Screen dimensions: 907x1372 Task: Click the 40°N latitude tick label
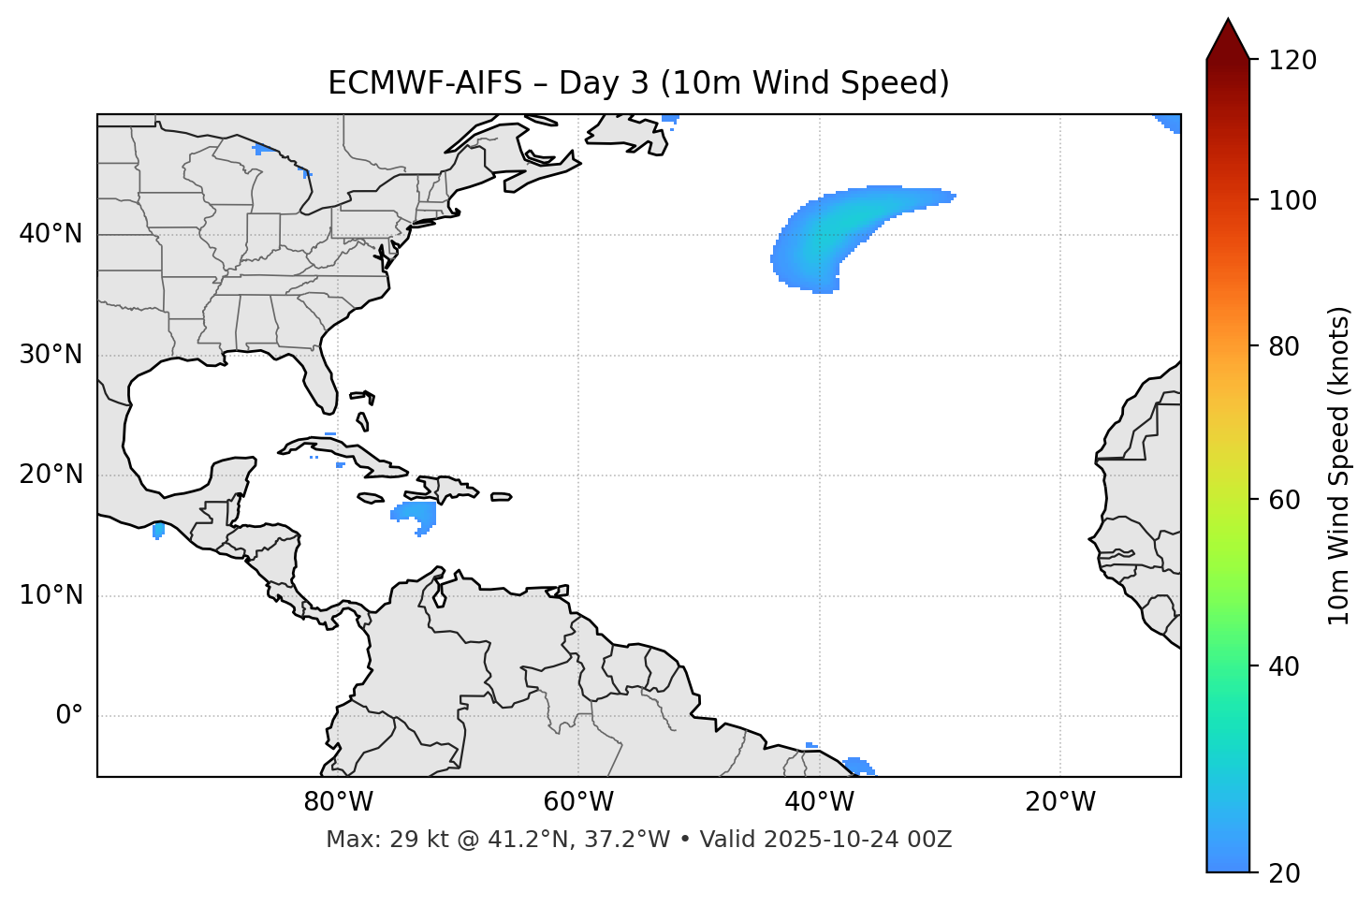51,234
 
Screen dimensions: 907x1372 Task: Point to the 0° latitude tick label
69,716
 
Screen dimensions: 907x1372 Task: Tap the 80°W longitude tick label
338,802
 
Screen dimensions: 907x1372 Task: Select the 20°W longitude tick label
1060,802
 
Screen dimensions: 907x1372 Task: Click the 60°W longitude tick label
578,802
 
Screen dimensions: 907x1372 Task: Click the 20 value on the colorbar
1284,873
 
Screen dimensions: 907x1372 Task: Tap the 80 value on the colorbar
1284,346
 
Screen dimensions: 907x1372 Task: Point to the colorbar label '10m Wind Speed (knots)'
1339,466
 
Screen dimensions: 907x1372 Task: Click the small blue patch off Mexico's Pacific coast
158,531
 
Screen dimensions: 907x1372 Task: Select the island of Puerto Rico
502,497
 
